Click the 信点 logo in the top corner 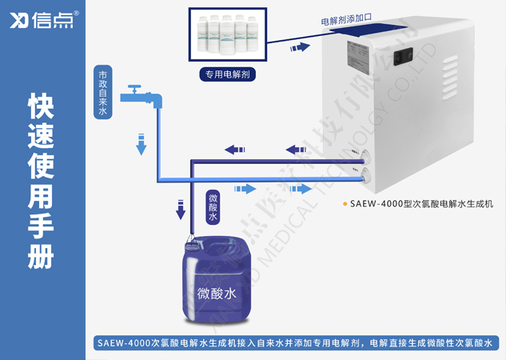pos(43,20)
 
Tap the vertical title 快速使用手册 pos(42,181)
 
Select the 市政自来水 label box pos(102,91)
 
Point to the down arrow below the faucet pos(141,143)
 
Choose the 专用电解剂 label pos(228,75)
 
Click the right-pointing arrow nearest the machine pos(299,189)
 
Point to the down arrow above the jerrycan pos(180,210)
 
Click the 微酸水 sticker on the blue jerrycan pos(217,294)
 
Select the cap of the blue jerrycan pos(190,240)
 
